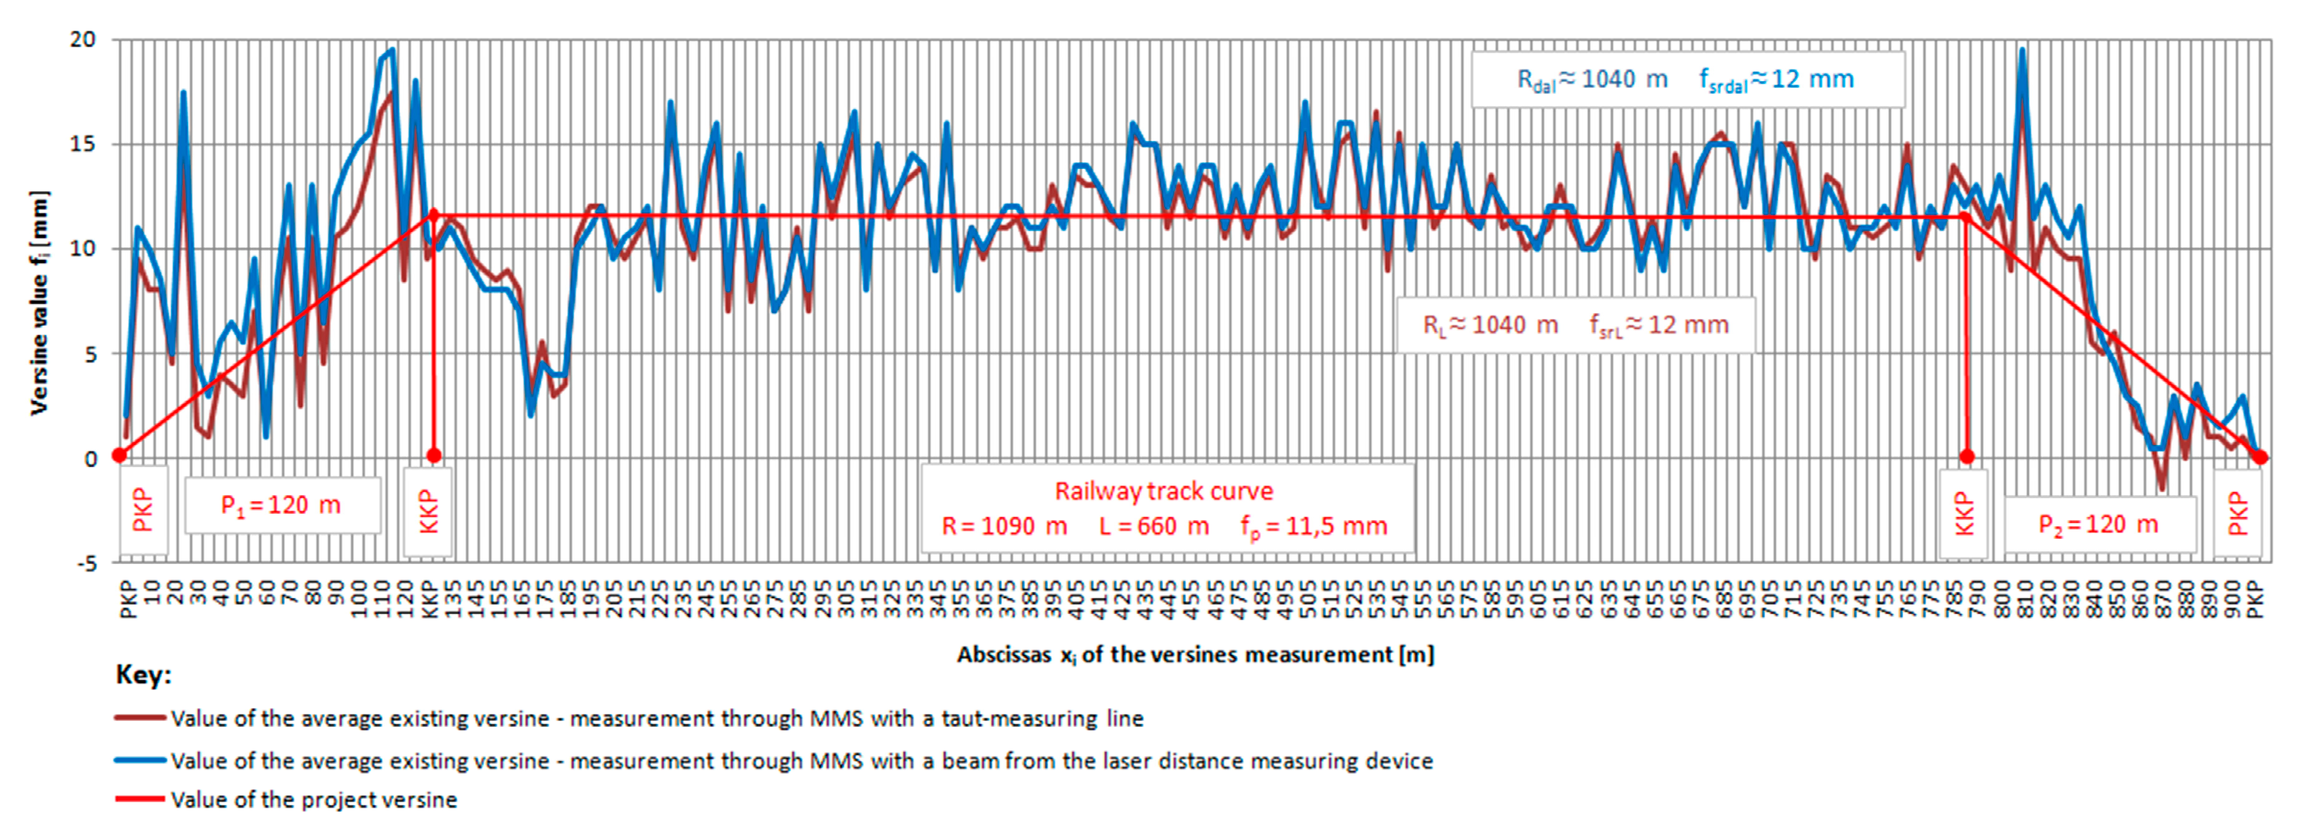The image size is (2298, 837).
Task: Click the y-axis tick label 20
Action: click(83, 39)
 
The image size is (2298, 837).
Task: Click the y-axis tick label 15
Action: click(83, 144)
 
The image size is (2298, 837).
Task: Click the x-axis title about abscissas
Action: click(1196, 655)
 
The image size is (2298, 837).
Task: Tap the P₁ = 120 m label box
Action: click(281, 506)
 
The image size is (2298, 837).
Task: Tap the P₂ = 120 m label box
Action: click(2098, 524)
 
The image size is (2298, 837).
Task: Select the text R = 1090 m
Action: click(1004, 526)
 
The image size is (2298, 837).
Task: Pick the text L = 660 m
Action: click(1154, 526)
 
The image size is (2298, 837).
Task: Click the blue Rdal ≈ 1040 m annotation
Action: click(1592, 79)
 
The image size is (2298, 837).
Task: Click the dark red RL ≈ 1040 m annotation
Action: click(1490, 325)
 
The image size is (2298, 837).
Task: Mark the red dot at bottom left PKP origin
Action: click(119, 455)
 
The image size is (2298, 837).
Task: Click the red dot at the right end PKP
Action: click(2260, 458)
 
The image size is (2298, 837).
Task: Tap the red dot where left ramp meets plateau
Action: click(433, 214)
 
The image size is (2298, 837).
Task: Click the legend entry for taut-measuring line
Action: click(656, 718)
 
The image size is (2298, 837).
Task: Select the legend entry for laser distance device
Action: click(801, 761)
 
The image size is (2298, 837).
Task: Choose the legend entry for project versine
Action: click(314, 799)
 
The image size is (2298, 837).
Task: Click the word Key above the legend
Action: click(143, 674)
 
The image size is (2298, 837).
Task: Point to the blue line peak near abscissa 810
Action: click(2023, 51)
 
